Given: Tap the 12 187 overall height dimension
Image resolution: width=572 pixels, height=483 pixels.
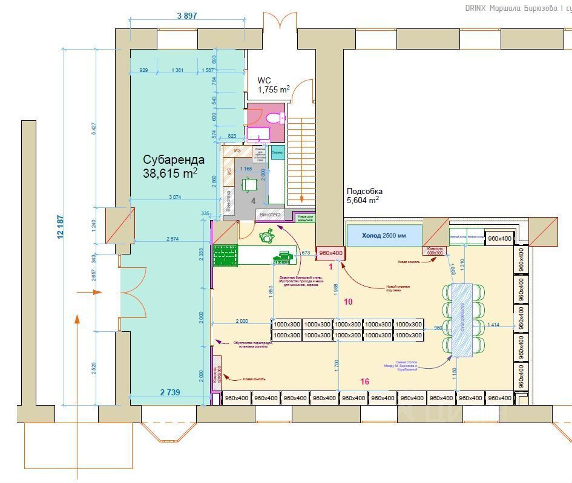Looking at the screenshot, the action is pos(61,227).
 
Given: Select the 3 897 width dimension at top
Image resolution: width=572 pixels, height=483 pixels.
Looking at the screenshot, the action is pos(187,16).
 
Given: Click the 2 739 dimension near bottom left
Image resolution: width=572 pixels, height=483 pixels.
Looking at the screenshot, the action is pos(169,392).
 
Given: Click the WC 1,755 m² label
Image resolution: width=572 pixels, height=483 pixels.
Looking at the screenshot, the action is pos(274,85).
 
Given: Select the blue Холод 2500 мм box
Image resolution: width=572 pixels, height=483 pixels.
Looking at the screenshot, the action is pos(384,235).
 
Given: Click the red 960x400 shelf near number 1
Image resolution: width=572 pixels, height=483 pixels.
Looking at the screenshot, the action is pos(330,253).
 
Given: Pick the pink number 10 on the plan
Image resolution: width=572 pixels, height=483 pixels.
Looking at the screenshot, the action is pos(347,301).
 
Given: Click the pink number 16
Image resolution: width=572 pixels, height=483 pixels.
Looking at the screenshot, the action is pos(364,381).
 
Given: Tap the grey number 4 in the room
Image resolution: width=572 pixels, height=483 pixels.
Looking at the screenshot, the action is pos(254,200).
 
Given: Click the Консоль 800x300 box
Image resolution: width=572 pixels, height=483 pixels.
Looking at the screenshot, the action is pos(436,250).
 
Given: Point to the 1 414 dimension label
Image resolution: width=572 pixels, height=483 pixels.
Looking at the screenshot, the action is pos(493,325).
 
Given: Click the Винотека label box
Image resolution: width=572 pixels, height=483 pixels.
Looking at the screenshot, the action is pos(270,214).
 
